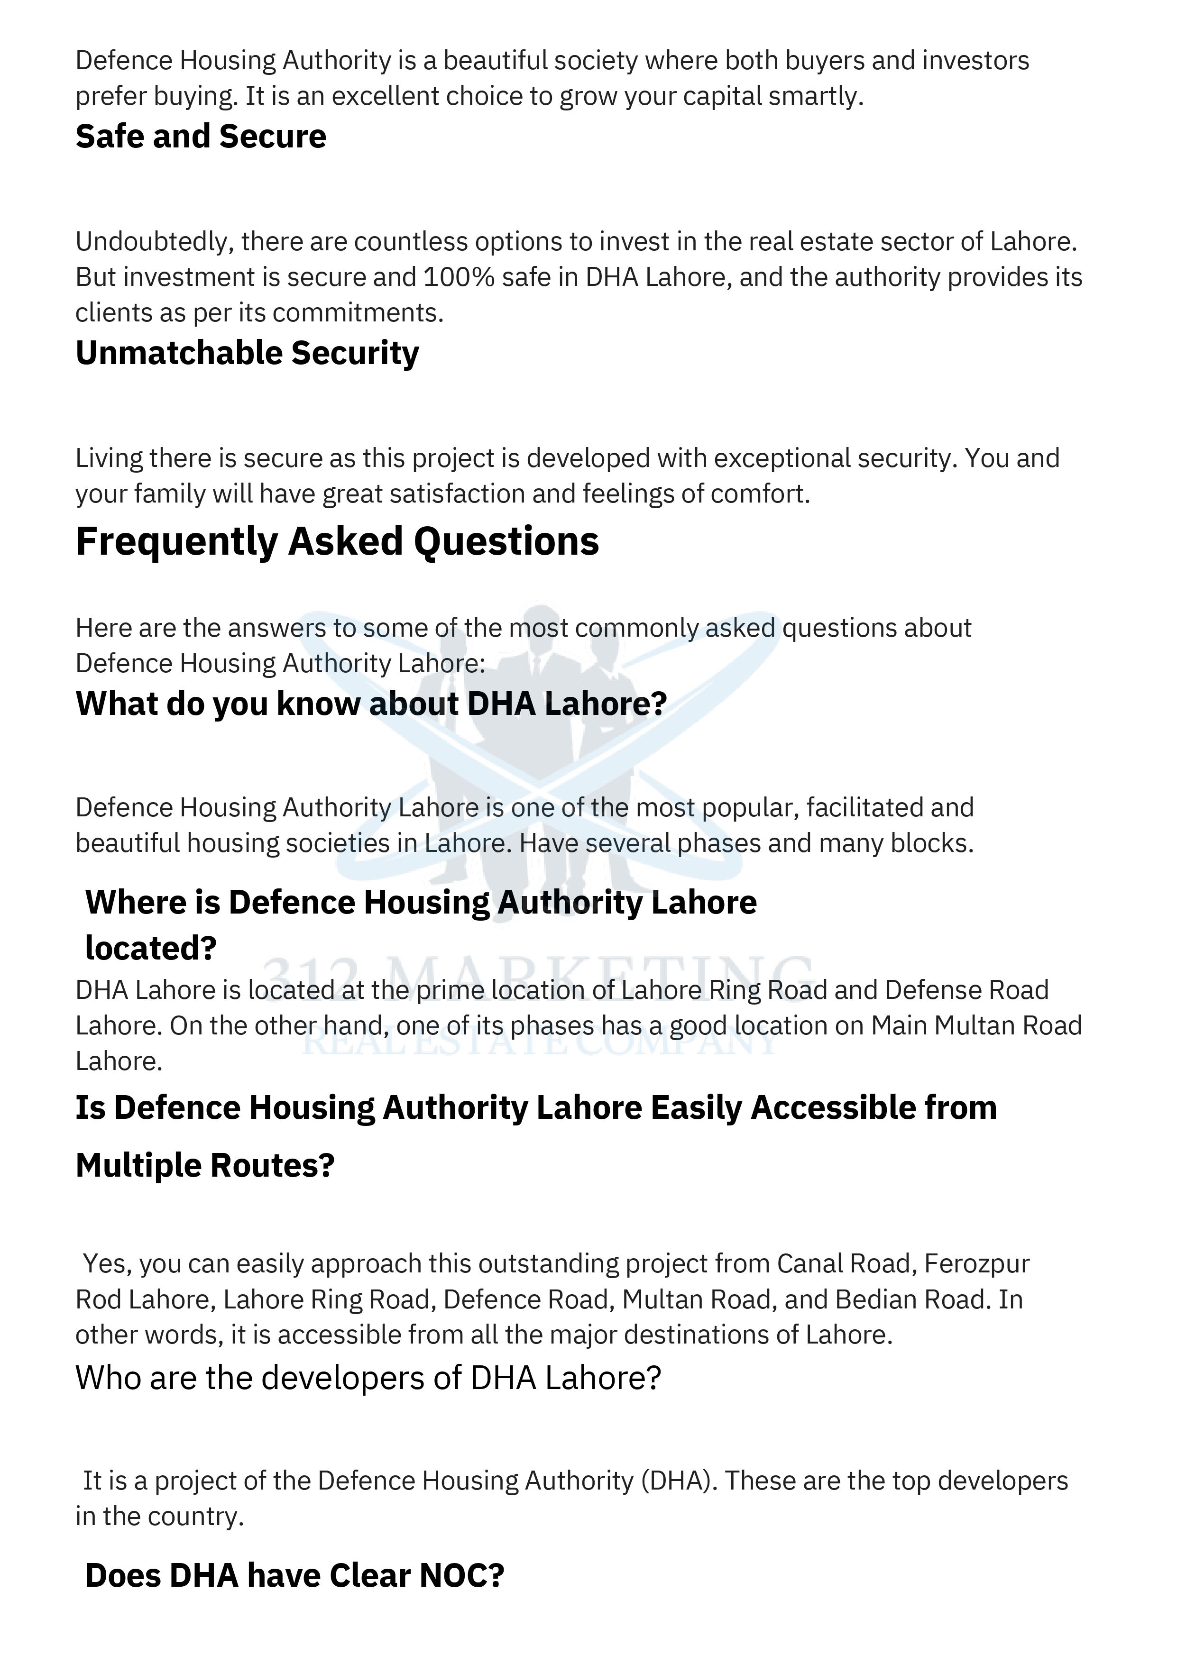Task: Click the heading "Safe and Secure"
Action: [x=201, y=136]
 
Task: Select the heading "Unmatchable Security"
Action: [x=247, y=353]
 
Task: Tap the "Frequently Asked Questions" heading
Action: [x=337, y=541]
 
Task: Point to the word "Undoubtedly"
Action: [x=155, y=241]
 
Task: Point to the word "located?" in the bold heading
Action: [x=151, y=948]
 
